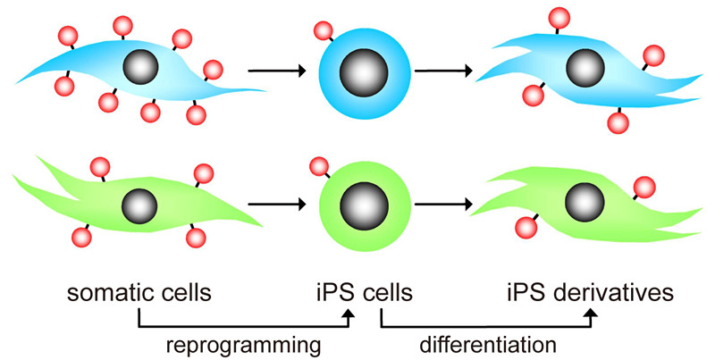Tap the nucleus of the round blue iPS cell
365,70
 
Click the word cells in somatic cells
187,292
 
